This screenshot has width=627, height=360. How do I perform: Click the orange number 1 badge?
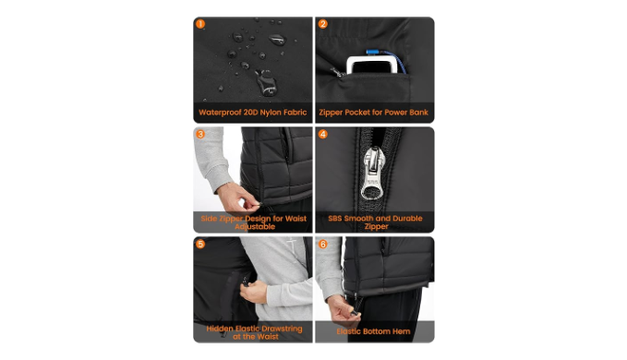(200, 24)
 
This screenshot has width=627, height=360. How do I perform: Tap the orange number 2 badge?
(322, 24)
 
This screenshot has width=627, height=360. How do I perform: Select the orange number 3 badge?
(200, 134)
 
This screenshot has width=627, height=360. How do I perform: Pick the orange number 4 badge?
(322, 134)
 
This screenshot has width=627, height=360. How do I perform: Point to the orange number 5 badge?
(200, 244)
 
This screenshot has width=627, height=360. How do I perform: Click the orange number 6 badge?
(322, 244)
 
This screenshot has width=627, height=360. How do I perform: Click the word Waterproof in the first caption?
(220, 113)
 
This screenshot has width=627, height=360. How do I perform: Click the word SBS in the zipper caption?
(335, 218)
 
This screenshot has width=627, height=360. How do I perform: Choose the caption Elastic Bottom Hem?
(373, 331)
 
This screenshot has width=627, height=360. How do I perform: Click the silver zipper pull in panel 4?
(373, 173)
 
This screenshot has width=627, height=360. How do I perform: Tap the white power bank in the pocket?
(373, 65)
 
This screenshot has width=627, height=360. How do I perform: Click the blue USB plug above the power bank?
(373, 52)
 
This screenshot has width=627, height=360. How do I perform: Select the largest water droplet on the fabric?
(266, 83)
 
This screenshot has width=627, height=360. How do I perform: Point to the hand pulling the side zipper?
(238, 198)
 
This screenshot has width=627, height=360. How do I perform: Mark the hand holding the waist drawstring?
(254, 292)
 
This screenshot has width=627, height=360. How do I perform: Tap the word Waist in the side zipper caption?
(295, 219)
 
